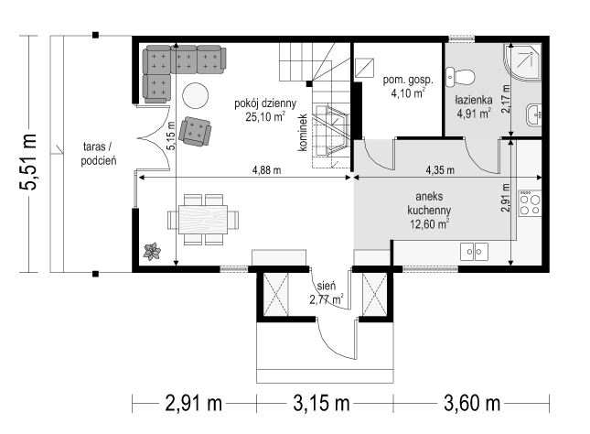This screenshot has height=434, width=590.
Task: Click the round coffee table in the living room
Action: coord(195,96)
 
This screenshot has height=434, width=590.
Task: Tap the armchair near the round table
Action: coord(195,131)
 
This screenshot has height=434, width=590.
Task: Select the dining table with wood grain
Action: coord(203,219)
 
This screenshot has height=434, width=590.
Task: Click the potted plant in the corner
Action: coord(152,251)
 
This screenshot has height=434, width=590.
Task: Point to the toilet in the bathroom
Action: coord(460,77)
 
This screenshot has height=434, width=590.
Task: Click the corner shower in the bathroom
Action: coord(522,61)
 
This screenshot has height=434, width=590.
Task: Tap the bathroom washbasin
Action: coord(534,114)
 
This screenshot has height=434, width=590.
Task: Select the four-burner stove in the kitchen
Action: coord(530,203)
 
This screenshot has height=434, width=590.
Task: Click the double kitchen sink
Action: coord(474,252)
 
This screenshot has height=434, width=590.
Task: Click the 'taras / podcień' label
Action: coord(99,154)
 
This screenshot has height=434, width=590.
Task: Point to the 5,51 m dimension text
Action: coord(28,162)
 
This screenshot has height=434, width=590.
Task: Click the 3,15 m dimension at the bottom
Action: coord(321,404)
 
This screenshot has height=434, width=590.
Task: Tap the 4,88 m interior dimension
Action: coord(266,170)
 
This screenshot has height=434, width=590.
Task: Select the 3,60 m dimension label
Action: coord(472,404)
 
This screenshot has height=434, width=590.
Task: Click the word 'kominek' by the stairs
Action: coord(303,133)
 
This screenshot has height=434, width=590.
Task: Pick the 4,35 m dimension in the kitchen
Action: coord(440,170)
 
